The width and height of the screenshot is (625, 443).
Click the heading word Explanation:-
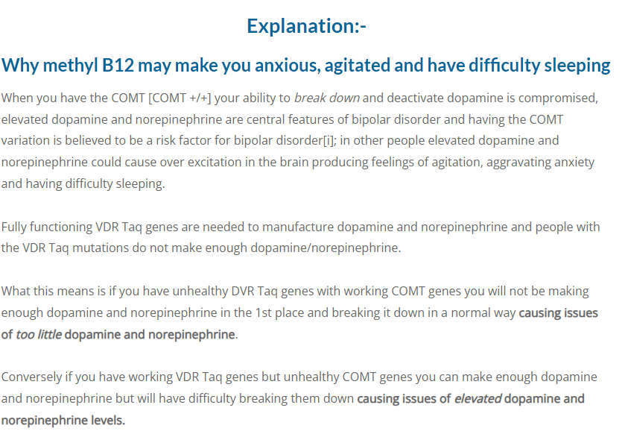coord(306,26)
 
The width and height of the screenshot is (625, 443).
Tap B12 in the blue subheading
coord(118,66)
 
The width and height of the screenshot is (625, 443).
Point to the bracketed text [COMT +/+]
coord(180,98)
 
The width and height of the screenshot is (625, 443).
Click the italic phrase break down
coord(327,98)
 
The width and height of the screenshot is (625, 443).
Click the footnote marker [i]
coord(329,141)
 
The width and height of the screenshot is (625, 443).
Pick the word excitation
coord(214,163)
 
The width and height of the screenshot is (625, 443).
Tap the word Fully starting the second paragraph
coord(13,227)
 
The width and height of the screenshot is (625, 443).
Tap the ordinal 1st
coord(264,313)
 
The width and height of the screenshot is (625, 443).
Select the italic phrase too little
coord(39,334)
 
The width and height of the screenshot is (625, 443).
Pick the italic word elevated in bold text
coord(478,399)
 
